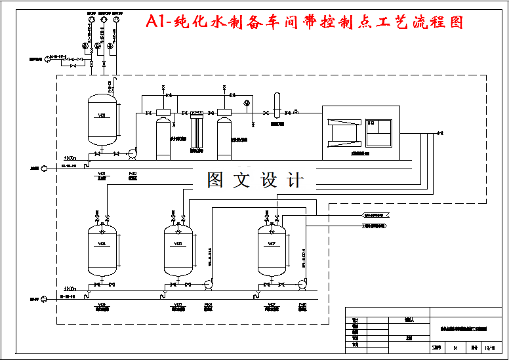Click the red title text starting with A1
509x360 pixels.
(x=304, y=22)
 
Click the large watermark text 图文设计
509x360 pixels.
(x=256, y=180)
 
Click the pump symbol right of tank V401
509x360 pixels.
(x=132, y=153)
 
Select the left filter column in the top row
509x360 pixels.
(x=163, y=136)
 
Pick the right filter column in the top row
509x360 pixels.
(x=224, y=136)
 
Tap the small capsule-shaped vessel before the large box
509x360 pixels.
(x=277, y=104)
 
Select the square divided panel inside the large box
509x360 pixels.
(x=378, y=132)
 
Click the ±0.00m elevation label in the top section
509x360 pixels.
(x=70, y=159)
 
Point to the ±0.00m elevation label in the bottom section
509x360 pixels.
(x=70, y=289)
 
